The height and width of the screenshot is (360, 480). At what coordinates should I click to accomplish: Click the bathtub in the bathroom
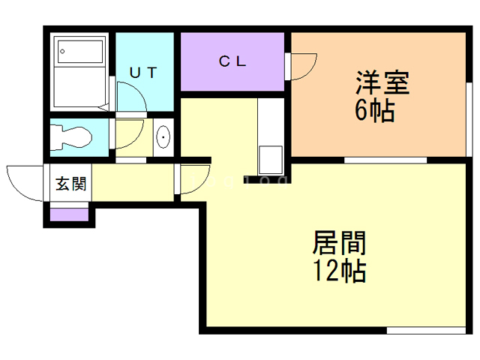(80, 52)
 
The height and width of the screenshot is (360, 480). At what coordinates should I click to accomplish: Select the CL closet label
(232, 62)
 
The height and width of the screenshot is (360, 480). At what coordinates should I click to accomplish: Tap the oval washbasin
(164, 137)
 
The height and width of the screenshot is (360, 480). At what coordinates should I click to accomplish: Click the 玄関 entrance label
(70, 184)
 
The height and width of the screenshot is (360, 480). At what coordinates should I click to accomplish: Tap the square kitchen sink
(270, 160)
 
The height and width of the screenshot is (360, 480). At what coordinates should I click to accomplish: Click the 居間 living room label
(338, 244)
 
